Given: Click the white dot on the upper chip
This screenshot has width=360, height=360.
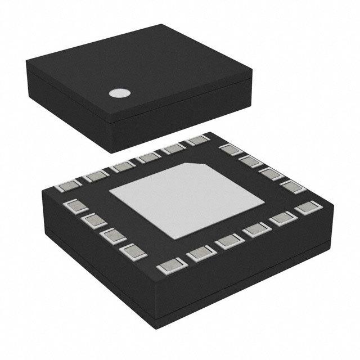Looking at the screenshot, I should click(118, 94).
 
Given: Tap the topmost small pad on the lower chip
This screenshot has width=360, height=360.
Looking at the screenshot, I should click(197, 141).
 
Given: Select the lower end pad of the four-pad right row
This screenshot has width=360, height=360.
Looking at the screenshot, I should click(289, 186).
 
